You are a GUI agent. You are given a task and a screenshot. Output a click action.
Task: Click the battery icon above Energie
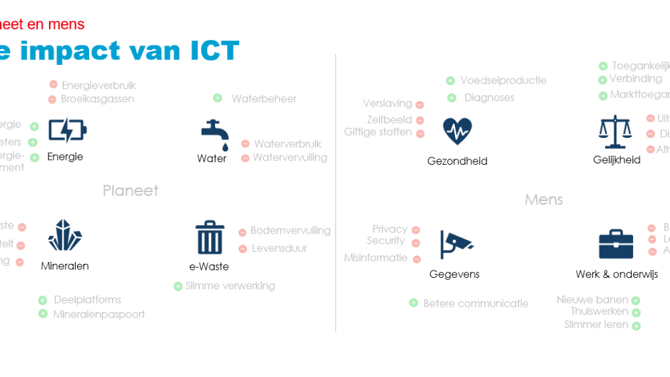coord(67,131)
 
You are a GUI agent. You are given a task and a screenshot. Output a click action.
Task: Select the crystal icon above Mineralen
coord(65,235)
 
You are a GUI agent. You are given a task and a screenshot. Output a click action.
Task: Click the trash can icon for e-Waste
coord(209,237)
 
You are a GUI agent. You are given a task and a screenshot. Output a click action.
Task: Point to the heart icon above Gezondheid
coord(458,131)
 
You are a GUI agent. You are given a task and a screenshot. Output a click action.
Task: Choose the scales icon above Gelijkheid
coord(615,131)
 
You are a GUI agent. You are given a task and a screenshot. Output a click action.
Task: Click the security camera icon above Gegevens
coord(456,244)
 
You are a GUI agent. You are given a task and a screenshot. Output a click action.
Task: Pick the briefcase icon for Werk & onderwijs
coord(616,244)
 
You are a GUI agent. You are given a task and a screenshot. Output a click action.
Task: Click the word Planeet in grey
coord(131,191)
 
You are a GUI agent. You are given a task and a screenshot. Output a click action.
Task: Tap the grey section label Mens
coord(543,200)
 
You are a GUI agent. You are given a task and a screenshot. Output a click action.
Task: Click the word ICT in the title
coord(205,51)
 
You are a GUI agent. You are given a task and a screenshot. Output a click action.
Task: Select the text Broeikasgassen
coord(98,99)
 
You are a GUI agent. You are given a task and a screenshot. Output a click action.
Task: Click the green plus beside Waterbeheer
coord(218,98)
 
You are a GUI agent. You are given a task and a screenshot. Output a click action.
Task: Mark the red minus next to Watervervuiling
coord(245,158)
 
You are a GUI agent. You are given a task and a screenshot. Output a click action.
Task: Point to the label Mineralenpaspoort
coord(99,314)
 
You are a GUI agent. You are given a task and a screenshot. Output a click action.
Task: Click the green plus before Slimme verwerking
coord(178,287)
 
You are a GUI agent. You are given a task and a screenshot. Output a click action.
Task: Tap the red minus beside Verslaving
coord(419,104)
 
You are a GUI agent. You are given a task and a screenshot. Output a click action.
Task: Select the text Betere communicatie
coord(476,303)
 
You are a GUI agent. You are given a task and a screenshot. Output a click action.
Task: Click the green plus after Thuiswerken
coord(636,313)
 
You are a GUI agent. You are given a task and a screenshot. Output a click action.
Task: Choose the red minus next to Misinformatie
coord(417,258)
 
